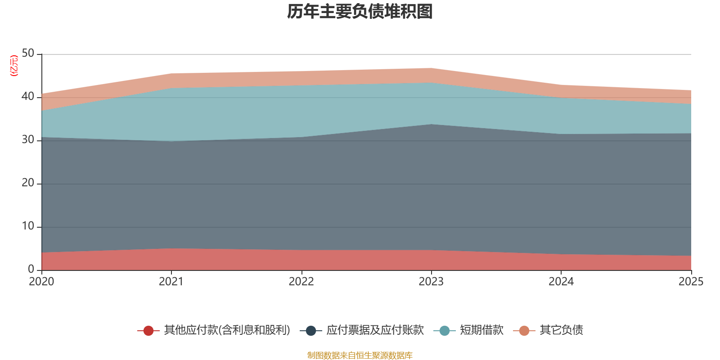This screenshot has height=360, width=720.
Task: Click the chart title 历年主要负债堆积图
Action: click(x=360, y=12)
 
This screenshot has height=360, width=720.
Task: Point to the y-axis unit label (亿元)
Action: click(x=14, y=66)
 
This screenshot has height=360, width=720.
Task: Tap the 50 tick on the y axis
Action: click(x=28, y=54)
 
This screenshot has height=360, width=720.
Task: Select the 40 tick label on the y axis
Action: click(x=28, y=97)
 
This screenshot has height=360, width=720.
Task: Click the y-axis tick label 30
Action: click(x=28, y=140)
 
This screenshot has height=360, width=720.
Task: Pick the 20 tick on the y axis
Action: click(x=28, y=183)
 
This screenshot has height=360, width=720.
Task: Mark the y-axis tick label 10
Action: click(x=28, y=226)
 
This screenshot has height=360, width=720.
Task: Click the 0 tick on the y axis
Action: click(x=31, y=269)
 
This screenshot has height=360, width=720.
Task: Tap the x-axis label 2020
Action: click(x=41, y=282)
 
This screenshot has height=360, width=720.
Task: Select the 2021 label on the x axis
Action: click(x=171, y=282)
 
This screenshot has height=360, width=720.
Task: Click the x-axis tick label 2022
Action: click(x=301, y=282)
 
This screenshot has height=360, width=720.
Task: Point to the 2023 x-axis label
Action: click(x=431, y=282)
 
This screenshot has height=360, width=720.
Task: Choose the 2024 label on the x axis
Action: click(x=561, y=282)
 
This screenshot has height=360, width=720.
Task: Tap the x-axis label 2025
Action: click(x=691, y=282)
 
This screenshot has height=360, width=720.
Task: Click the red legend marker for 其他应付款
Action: click(x=148, y=331)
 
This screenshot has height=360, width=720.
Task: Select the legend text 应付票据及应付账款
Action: click(x=375, y=330)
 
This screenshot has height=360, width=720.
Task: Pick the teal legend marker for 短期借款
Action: click(x=444, y=331)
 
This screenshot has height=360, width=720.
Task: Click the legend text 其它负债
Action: click(x=561, y=330)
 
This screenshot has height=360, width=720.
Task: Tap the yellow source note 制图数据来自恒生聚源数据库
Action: click(x=360, y=355)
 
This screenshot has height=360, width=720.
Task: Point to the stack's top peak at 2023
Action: click(x=431, y=68)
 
